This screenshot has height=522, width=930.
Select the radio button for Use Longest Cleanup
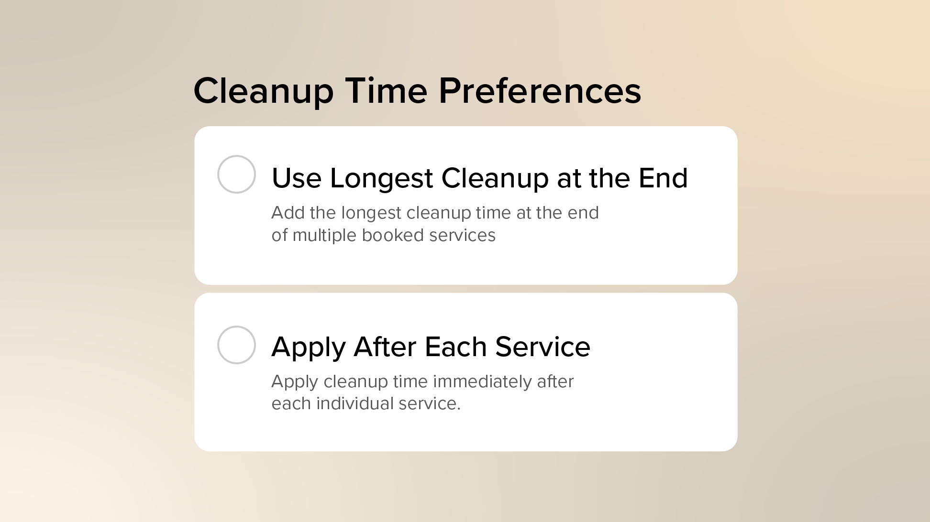236,174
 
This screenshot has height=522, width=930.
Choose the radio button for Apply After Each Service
236,345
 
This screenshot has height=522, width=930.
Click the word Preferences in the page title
540,91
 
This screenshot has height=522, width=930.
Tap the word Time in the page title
386,91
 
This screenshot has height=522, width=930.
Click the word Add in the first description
287,213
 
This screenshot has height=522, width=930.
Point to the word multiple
324,236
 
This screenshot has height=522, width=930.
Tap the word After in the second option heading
385,347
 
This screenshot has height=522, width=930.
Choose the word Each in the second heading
455,347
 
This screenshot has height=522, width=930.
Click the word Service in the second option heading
542,347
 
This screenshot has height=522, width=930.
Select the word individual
354,403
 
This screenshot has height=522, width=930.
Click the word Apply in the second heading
308,348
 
